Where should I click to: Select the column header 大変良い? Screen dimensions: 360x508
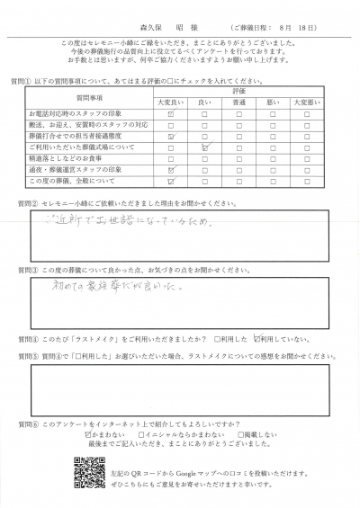click(x=170, y=104)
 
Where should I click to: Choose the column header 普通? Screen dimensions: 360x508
click(x=240, y=104)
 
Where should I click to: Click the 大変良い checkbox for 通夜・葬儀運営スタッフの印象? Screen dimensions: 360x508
click(x=170, y=169)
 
